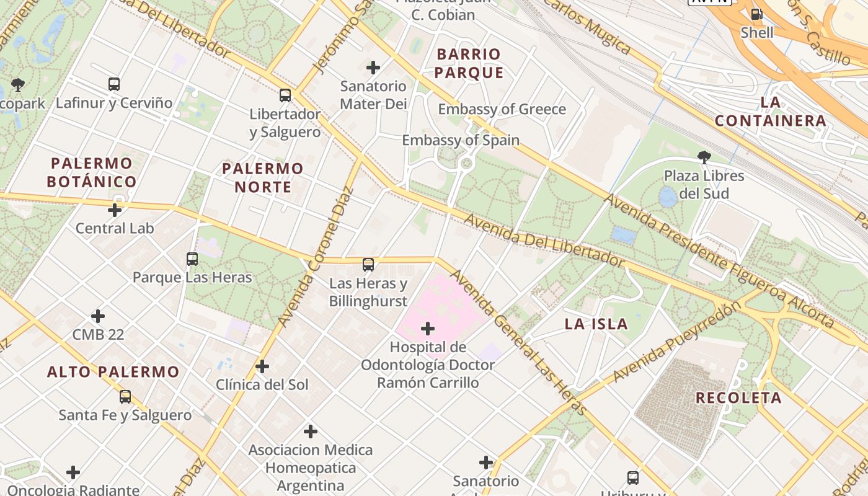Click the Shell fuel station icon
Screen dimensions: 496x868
(x=756, y=14)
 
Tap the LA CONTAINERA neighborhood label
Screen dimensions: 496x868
(x=771, y=111)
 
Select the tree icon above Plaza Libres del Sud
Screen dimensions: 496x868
(x=704, y=157)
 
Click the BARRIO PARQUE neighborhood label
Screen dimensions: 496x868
(x=469, y=63)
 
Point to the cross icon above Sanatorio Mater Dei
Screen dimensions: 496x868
(x=373, y=67)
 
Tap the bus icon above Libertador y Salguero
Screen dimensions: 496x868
(x=285, y=95)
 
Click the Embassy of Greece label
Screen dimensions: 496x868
(x=502, y=110)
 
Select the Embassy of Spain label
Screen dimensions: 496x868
(x=461, y=140)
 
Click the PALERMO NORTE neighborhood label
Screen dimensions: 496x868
(x=263, y=177)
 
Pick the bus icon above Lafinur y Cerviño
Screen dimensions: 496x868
(x=114, y=84)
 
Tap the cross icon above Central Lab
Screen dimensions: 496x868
(x=115, y=210)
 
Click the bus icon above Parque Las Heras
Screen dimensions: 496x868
(x=192, y=259)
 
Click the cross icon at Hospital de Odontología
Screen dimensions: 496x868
(x=428, y=329)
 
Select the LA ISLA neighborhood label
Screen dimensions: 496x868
(x=596, y=324)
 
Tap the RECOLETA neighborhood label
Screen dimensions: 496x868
(x=738, y=398)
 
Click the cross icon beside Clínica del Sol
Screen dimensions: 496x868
(x=262, y=366)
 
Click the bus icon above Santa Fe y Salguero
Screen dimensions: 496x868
(x=125, y=397)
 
